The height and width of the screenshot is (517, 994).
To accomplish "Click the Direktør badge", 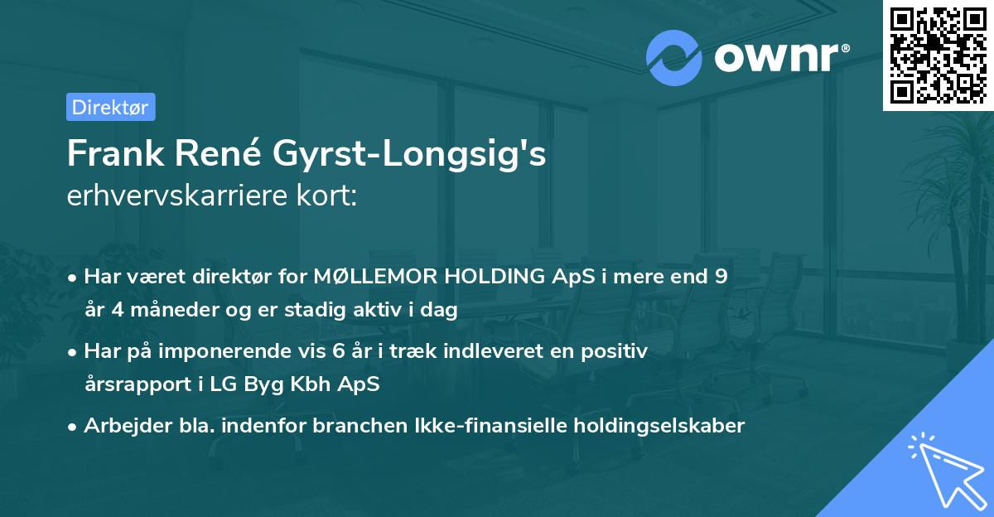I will point(110,107).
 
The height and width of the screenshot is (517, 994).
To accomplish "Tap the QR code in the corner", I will point(938,55).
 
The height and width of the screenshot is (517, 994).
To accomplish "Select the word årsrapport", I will point(138,385).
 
